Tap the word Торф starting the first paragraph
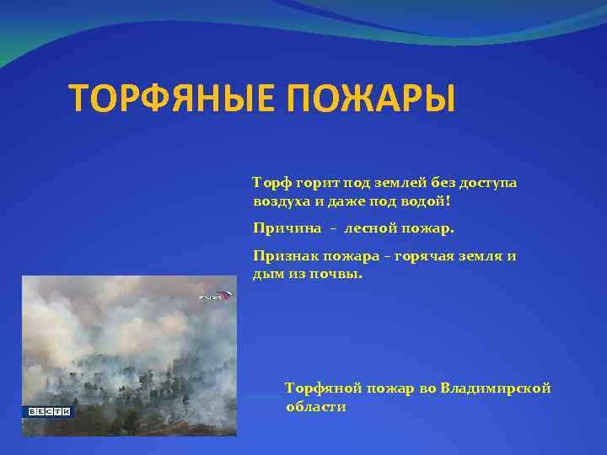click(x=271, y=183)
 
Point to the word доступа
click(x=485, y=183)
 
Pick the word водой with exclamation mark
click(x=427, y=202)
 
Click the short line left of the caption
click(x=263, y=396)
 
